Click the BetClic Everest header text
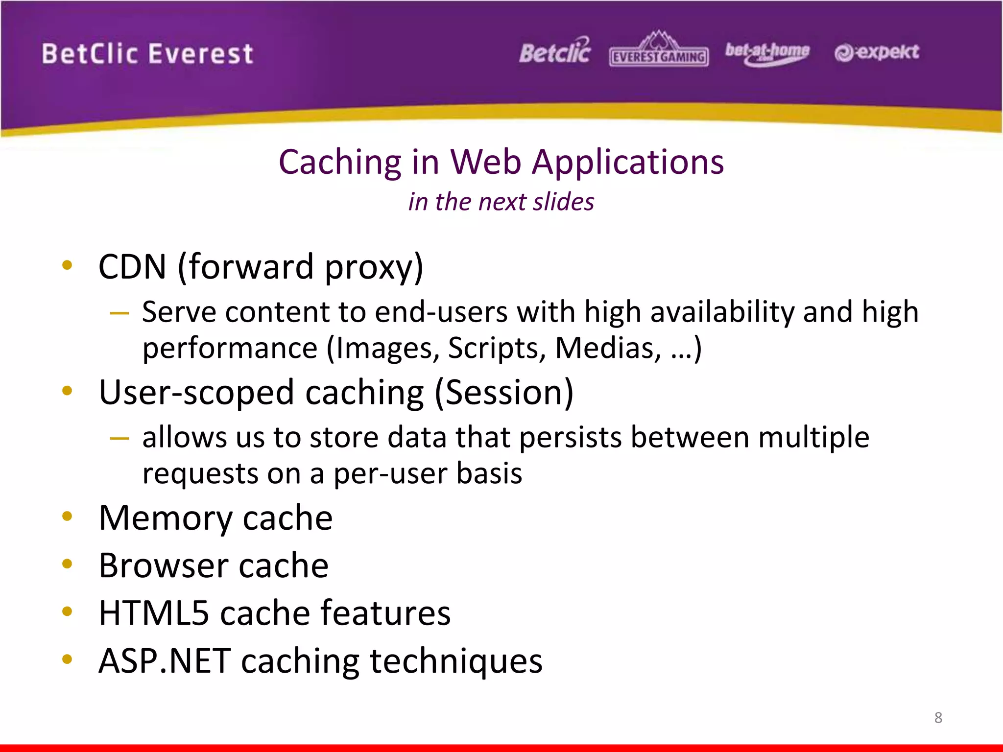coord(147,53)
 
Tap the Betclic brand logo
coord(555,52)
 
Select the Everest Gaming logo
coord(659,50)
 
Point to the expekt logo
coord(877,52)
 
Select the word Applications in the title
coord(628,163)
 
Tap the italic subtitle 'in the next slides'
coord(501,202)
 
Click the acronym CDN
coord(132,267)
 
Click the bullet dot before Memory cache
coord(68,516)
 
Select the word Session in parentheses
coord(504,393)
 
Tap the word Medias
coord(608,349)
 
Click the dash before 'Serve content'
coord(119,313)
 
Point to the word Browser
coord(164,565)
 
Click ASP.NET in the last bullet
coord(165,661)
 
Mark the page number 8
coord(938,717)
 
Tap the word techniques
coord(456,661)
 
